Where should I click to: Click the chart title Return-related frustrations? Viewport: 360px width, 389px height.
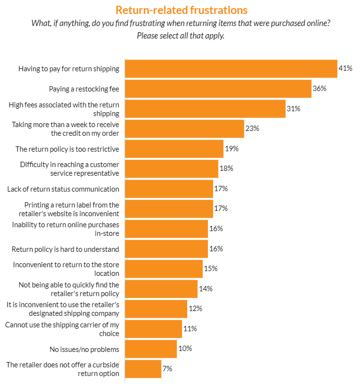[x=181, y=10]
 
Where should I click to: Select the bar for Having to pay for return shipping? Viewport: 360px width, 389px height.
[x=231, y=69]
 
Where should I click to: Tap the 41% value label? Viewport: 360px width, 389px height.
[x=346, y=69]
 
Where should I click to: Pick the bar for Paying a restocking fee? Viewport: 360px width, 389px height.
[x=218, y=89]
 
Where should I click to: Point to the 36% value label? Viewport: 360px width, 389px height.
[x=320, y=89]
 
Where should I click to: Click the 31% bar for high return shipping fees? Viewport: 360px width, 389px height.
[x=205, y=109]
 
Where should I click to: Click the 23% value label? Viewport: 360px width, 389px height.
[x=252, y=129]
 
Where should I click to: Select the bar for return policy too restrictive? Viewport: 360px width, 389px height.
[x=174, y=149]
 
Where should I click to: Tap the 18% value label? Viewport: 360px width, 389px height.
[x=226, y=169]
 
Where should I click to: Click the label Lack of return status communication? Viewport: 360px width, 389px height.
[x=63, y=189]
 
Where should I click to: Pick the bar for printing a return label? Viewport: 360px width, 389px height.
[x=168, y=208]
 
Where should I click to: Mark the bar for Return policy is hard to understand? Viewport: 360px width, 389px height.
[x=166, y=248]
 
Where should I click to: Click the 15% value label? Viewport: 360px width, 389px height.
[x=210, y=269]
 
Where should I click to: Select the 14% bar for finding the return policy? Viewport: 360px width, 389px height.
[x=161, y=289]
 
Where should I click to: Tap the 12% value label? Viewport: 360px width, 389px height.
[x=195, y=309]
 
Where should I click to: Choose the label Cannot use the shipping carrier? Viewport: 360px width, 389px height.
[x=62, y=329]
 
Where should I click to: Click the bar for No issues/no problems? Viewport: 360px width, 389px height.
[x=151, y=349]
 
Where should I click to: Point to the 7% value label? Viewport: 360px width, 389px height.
[x=167, y=369]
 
